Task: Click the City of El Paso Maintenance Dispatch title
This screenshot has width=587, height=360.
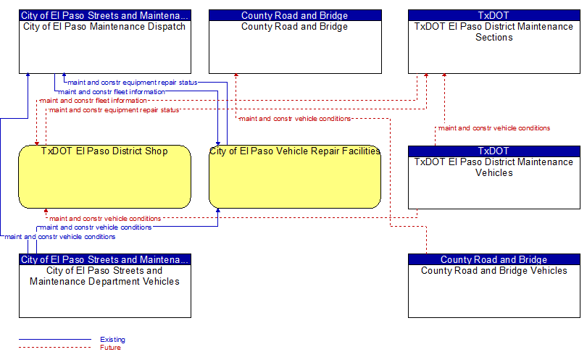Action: point(104,27)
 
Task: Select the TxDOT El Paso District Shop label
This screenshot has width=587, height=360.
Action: point(104,151)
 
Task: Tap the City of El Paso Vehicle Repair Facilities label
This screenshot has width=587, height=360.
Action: point(295,151)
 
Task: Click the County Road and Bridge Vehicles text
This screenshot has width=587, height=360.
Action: point(494,271)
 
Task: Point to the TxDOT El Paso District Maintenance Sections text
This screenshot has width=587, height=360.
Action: point(494,32)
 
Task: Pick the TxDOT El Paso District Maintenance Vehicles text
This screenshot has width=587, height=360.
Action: point(494,167)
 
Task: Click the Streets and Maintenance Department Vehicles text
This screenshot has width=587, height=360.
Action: point(104,276)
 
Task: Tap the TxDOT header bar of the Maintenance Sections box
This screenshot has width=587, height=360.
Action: point(494,15)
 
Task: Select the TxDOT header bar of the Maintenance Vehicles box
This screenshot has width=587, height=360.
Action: point(494,151)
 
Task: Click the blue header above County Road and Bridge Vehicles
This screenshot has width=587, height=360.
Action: point(494,259)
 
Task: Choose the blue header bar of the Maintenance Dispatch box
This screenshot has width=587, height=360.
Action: point(105,15)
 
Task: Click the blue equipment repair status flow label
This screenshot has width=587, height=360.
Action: point(132,83)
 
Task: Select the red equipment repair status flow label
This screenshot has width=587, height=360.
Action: point(115,110)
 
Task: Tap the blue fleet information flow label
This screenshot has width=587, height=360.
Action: point(112,92)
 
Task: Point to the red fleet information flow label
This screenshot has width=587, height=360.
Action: point(93,101)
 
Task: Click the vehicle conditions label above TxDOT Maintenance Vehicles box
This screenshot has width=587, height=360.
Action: point(494,128)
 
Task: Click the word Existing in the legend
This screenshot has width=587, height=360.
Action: point(112,340)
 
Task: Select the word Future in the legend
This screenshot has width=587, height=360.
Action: point(110,348)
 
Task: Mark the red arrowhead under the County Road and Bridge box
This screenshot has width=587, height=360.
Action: point(236,75)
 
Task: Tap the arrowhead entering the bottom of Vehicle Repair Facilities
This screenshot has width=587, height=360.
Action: point(218,211)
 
